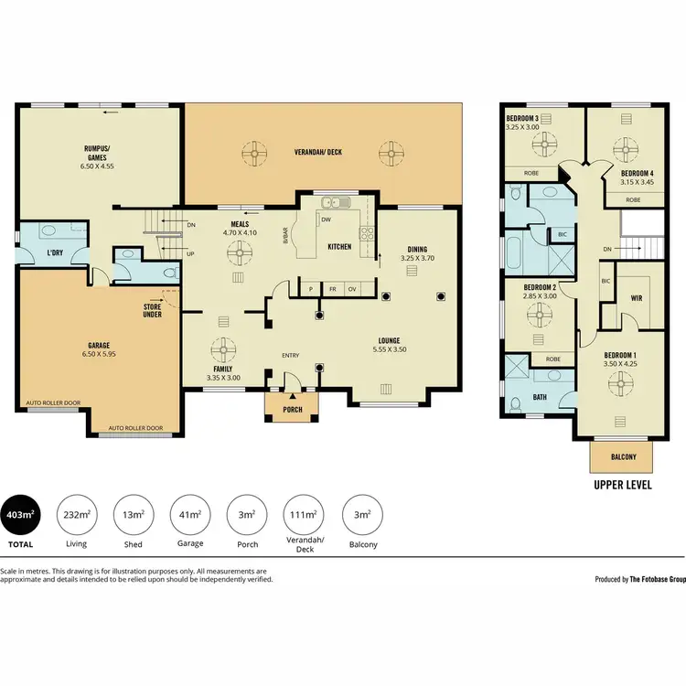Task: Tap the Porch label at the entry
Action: tap(292, 409)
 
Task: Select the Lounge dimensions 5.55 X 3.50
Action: tap(394, 349)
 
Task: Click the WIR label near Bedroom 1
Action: tap(638, 297)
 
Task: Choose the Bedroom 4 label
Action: tap(638, 173)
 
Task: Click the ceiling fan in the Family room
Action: tap(223, 351)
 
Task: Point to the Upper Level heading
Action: tap(622, 485)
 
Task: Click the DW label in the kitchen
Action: tap(326, 220)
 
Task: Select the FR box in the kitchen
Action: tap(333, 288)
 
